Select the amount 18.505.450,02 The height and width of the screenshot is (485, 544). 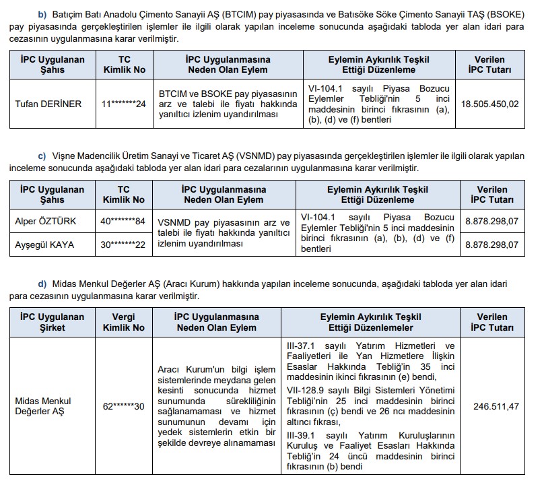pyautogui.click(x=490, y=104)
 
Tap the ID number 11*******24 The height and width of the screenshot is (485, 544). pyautogui.click(x=123, y=104)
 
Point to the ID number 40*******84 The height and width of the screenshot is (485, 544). pyautogui.click(x=123, y=221)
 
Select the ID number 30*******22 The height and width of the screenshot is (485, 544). pyautogui.click(x=123, y=245)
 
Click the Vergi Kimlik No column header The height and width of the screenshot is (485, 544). pyautogui.click(x=123, y=322)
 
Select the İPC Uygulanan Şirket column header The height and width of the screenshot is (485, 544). pyautogui.click(x=52, y=322)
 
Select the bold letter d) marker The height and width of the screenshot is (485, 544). pyautogui.click(x=44, y=284)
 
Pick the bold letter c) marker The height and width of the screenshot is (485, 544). pyautogui.click(x=44, y=156)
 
